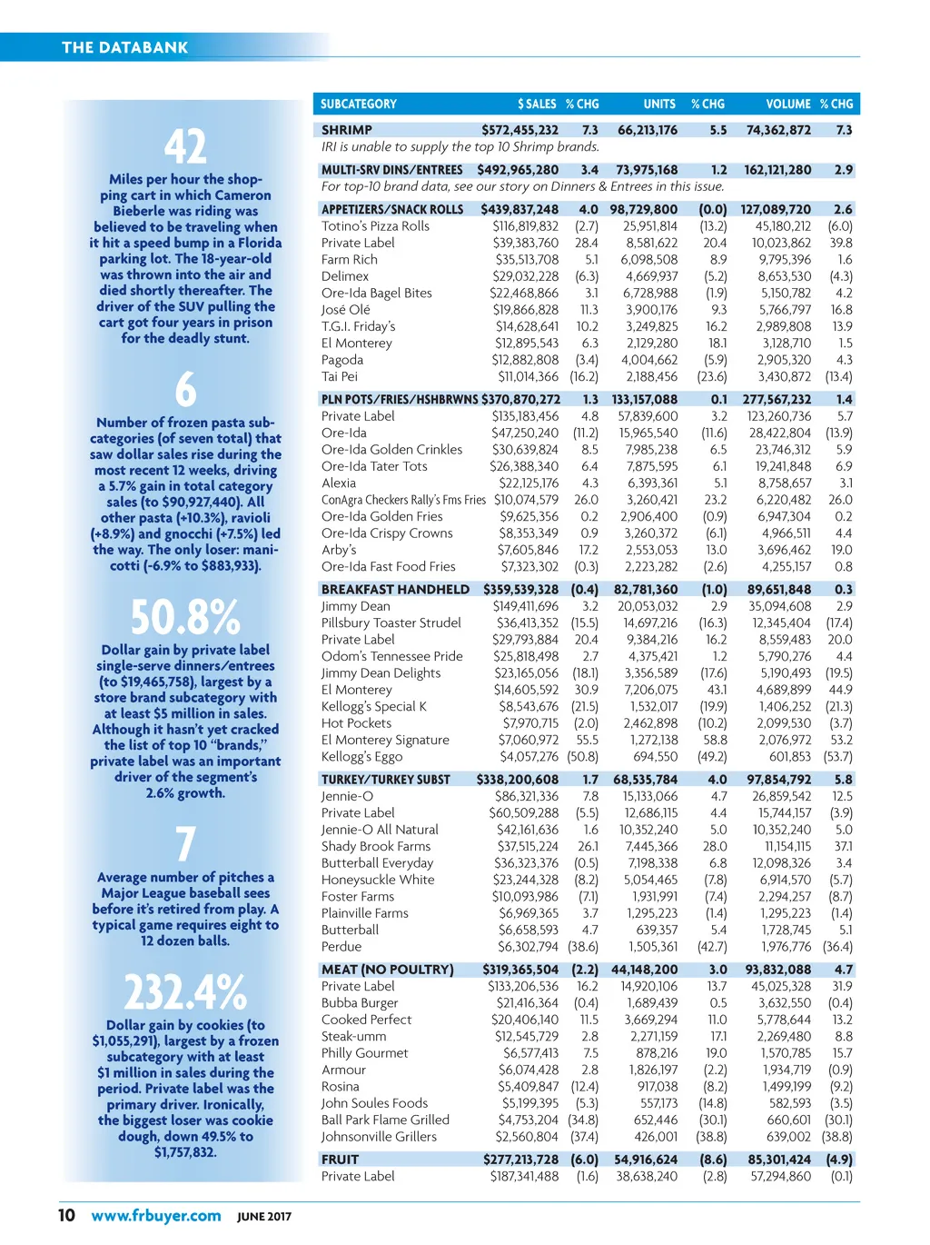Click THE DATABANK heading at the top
pyautogui.click(x=125, y=47)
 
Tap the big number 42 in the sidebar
pyautogui.click(x=185, y=146)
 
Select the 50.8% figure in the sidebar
pyautogui.click(x=185, y=617)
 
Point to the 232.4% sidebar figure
pyautogui.click(x=185, y=991)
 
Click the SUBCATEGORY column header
pyautogui.click(x=359, y=105)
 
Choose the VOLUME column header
pyautogui.click(x=787, y=105)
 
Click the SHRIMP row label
pyautogui.click(x=347, y=130)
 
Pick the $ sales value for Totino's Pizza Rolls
pyautogui.click(x=526, y=226)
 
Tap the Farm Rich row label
pyautogui.click(x=350, y=260)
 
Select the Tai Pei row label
pyautogui.click(x=340, y=376)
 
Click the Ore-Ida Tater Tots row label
pyautogui.click(x=374, y=466)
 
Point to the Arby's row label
pyautogui.click(x=339, y=550)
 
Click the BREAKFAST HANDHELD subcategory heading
pyautogui.click(x=395, y=590)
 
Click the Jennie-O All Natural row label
pyautogui.click(x=380, y=830)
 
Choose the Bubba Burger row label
pyautogui.click(x=360, y=1003)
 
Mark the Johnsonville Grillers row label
pyautogui.click(x=379, y=1137)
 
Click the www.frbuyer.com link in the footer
pyautogui.click(x=156, y=1216)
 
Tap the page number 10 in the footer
pyautogui.click(x=66, y=1216)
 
